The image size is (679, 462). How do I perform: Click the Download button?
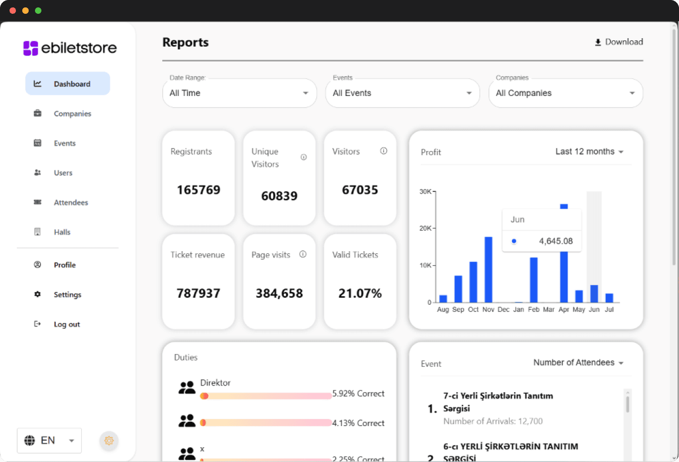(x=619, y=42)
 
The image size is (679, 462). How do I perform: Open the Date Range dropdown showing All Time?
(x=239, y=93)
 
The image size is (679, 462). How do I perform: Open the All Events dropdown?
(x=403, y=93)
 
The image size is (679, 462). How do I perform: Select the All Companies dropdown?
(x=565, y=93)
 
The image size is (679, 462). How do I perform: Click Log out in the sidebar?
(x=67, y=324)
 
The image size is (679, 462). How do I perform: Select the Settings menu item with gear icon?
(x=67, y=295)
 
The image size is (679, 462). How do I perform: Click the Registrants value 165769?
(x=198, y=190)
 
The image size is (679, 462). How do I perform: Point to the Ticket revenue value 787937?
(x=198, y=294)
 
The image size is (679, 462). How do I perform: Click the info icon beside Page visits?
(x=303, y=254)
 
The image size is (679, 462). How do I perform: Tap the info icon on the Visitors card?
(x=384, y=151)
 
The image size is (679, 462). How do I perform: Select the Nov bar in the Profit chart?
(x=489, y=270)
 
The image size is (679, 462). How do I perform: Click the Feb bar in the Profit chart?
(x=534, y=280)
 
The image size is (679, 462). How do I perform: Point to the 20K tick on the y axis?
(x=425, y=228)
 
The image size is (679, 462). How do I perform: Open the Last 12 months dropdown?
(x=589, y=152)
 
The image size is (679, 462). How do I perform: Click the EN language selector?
(x=49, y=440)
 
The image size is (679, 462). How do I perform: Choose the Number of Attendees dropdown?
(x=578, y=362)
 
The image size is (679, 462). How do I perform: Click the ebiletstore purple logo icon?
(x=31, y=48)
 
